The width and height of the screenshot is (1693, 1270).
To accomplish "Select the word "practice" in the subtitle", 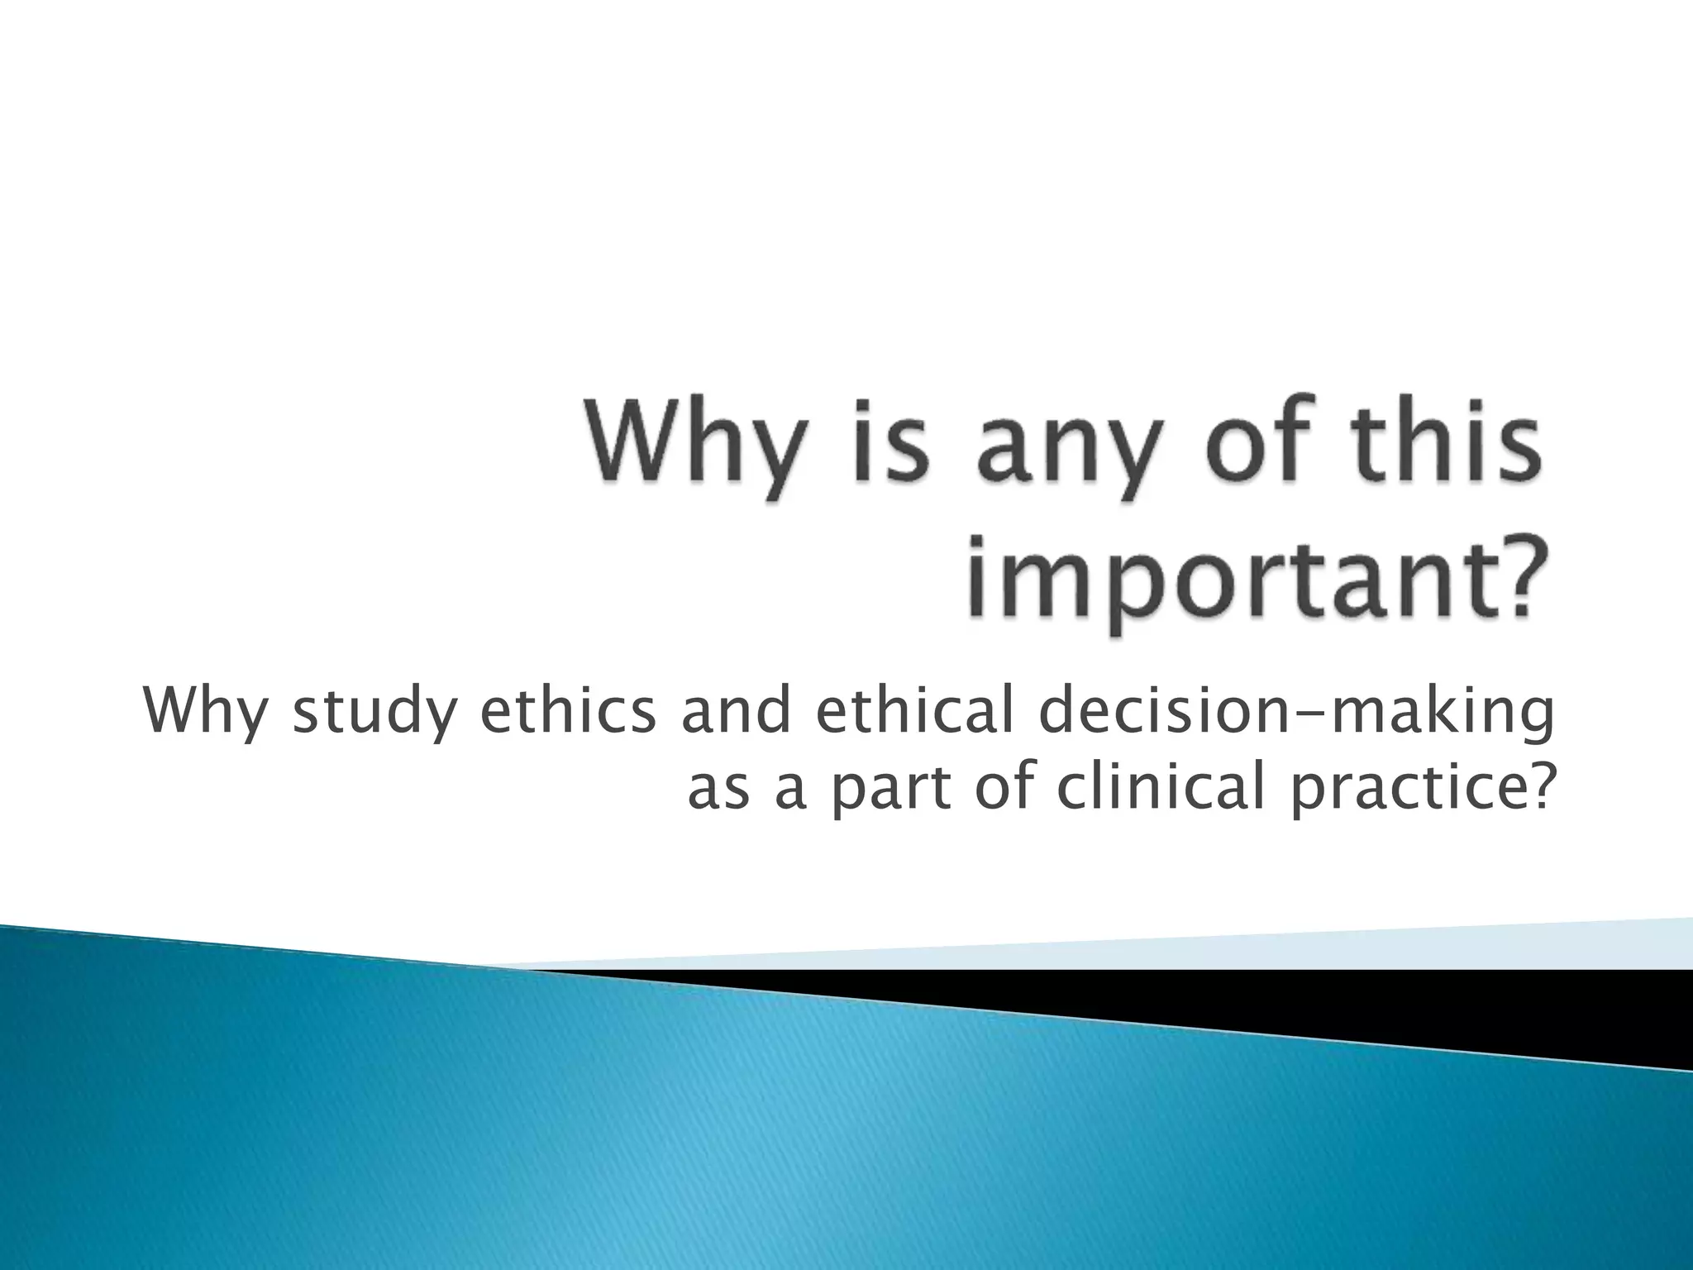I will pos(1402,790).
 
